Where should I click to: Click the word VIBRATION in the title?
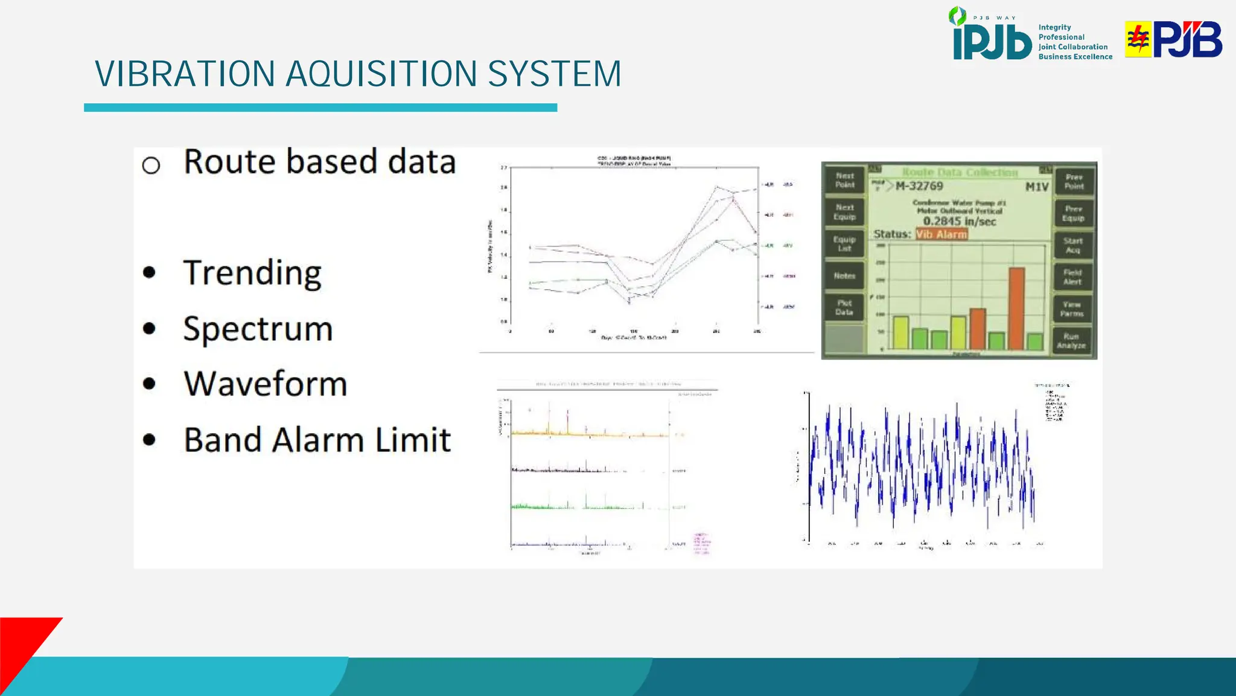tap(185, 74)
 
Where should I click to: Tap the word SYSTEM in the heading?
tap(554, 74)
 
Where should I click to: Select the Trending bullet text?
tap(252, 273)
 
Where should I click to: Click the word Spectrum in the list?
tap(258, 329)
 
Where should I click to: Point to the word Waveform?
tap(266, 384)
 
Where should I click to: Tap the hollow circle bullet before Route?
tap(151, 166)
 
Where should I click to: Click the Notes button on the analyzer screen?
tap(844, 276)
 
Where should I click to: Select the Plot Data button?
tap(844, 308)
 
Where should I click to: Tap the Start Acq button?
tap(1072, 245)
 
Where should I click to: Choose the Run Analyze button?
tap(1071, 341)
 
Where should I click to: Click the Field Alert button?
tap(1072, 277)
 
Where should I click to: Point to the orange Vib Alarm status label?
tap(941, 234)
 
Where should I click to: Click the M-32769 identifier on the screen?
tap(919, 187)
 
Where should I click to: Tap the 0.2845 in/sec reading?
tap(959, 221)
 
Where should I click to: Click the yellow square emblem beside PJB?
tap(1138, 39)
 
